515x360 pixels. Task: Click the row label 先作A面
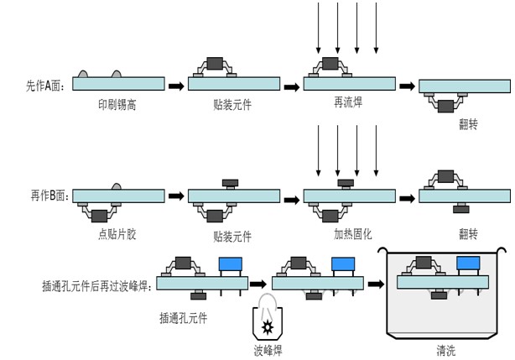tap(48, 85)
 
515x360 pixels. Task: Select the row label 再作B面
tap(49, 196)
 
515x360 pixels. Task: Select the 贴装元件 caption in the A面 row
tap(232, 106)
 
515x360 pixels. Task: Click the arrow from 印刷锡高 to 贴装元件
tap(176, 85)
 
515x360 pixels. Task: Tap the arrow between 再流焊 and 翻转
tap(406, 85)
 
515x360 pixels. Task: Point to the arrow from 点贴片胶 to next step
tap(176, 196)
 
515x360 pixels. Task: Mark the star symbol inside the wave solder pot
tap(268, 323)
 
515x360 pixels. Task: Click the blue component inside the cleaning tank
tap(468, 263)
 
